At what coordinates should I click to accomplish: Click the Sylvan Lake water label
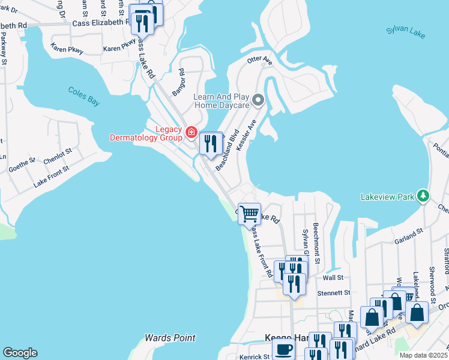[405, 32]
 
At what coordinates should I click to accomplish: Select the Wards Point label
[170, 338]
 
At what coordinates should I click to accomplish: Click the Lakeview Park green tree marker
[424, 196]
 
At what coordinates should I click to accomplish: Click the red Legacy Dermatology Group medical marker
[191, 132]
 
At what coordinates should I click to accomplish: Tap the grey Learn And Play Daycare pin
[258, 100]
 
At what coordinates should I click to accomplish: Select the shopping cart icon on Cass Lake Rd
[249, 213]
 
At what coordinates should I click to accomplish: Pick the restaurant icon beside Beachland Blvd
[211, 143]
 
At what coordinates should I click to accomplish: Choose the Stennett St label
[333, 293]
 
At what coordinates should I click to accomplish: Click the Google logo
[19, 353]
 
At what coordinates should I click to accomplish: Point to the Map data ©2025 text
[424, 355]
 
